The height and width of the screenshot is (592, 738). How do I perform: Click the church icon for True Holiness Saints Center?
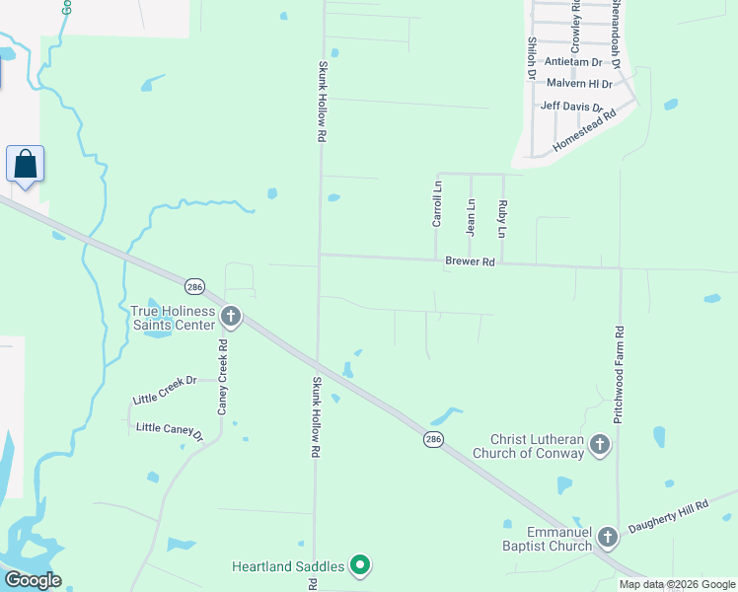click(x=231, y=317)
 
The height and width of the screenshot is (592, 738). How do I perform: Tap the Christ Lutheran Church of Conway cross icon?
click(x=599, y=446)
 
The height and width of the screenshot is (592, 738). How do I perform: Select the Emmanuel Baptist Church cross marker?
click(x=607, y=538)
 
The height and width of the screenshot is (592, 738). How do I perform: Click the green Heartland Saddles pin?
click(x=361, y=565)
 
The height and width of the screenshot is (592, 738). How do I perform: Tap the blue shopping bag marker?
click(x=25, y=164)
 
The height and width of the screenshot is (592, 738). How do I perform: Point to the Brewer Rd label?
click(x=469, y=262)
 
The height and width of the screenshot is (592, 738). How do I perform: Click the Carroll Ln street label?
click(x=437, y=203)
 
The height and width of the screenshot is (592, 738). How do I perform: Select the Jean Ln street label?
click(x=471, y=216)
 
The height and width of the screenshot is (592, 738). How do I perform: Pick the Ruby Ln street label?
click(x=502, y=218)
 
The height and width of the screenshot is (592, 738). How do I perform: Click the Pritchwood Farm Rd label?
click(x=619, y=375)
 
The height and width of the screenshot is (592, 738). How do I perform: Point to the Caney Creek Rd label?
click(x=223, y=376)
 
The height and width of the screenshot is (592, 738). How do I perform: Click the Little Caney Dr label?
click(x=170, y=429)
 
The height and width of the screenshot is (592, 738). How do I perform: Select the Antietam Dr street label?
click(x=572, y=62)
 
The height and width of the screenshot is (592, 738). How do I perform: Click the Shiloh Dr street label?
click(x=532, y=57)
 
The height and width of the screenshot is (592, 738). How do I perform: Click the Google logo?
click(x=33, y=580)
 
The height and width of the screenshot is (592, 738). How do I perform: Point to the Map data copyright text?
click(x=677, y=584)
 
